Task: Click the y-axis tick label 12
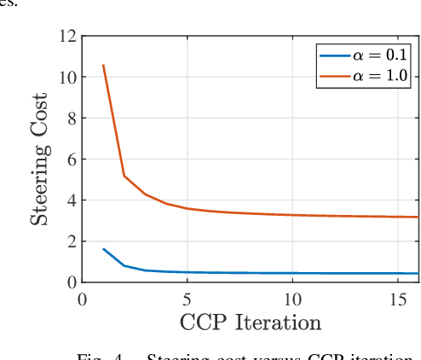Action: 66,37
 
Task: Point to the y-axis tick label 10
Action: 66,78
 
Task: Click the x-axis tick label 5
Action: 187,299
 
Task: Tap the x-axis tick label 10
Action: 292,299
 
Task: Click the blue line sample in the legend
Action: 334,56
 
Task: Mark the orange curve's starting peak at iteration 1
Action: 103,66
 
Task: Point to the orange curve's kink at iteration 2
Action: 124,176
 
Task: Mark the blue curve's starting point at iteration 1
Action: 103,249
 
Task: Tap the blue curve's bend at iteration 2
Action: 124,265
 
